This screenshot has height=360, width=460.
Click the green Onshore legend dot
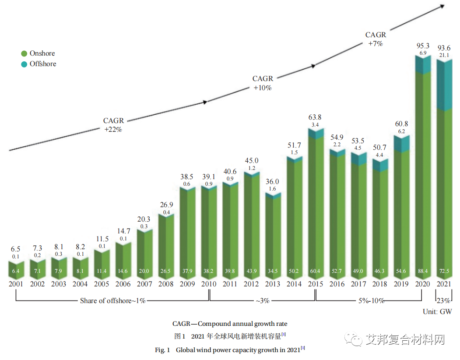(24, 53)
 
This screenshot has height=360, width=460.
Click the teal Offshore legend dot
(24, 64)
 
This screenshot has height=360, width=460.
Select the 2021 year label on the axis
(444, 284)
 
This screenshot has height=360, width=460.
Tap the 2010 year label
(209, 284)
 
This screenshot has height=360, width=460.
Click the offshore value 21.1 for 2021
(444, 55)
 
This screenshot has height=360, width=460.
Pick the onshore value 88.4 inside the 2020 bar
(423, 272)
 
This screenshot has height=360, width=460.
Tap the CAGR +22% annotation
(113, 125)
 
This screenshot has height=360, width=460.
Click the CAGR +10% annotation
(263, 83)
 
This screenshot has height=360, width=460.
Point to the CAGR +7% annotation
(376, 39)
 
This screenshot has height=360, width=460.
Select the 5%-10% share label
(369, 301)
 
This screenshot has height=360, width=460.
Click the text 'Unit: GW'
(437, 311)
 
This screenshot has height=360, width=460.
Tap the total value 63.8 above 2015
(316, 117)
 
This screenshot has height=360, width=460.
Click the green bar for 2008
(166, 245)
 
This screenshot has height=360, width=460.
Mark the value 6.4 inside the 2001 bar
(16, 272)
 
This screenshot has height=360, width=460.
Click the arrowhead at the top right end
(443, 7)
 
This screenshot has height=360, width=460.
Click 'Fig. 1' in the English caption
(162, 350)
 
